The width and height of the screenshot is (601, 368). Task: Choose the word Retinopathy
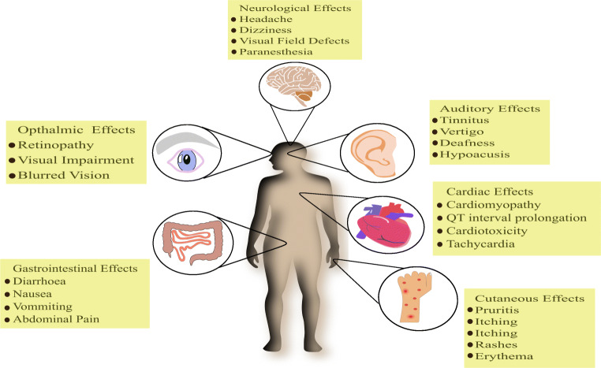59,146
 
